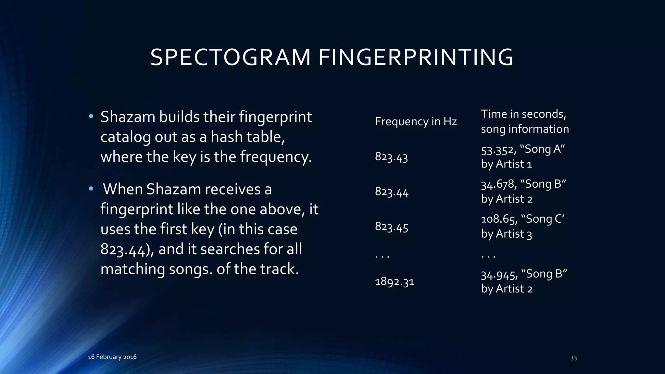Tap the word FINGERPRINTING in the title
(x=416, y=58)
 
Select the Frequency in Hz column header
(x=416, y=121)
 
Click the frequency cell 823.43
(x=391, y=157)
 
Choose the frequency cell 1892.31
(x=395, y=281)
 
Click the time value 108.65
(x=498, y=219)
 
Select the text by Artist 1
(x=507, y=164)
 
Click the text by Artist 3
(x=507, y=234)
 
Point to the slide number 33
(x=573, y=358)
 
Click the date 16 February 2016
(x=112, y=357)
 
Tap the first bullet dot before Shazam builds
(x=91, y=117)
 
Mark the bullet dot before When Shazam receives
(x=91, y=189)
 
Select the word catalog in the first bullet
(x=125, y=137)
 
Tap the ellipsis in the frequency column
(x=382, y=256)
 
